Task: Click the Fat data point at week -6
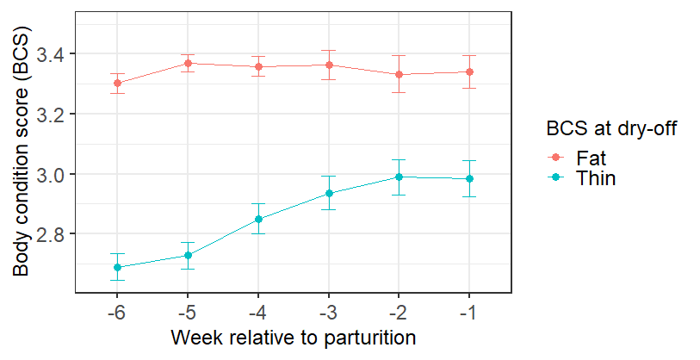(x=117, y=84)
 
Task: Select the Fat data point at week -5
(x=188, y=63)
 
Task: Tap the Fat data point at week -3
(x=328, y=65)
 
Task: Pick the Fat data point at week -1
(x=469, y=71)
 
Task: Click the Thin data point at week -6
(x=117, y=267)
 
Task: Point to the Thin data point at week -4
(x=258, y=219)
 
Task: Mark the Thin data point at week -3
(x=328, y=193)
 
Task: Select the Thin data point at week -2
(x=399, y=177)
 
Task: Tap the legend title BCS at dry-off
(x=615, y=130)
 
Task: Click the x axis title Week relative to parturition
(x=294, y=336)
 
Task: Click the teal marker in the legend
(x=556, y=177)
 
